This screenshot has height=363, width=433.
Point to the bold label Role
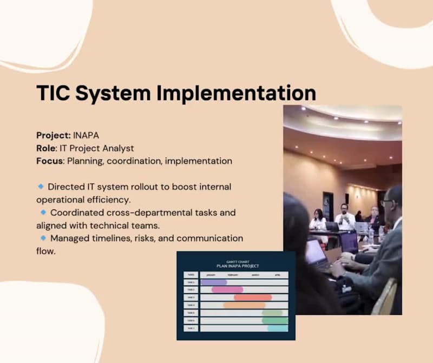click(x=47, y=148)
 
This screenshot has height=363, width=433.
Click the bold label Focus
click(x=50, y=161)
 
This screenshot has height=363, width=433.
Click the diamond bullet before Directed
click(x=41, y=186)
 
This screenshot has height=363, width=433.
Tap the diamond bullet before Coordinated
click(x=43, y=212)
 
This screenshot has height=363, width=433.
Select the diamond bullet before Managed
click(x=43, y=237)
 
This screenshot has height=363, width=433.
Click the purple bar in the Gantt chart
click(x=214, y=282)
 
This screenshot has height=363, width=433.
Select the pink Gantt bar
click(x=227, y=289)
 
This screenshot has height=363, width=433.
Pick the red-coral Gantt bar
click(x=253, y=297)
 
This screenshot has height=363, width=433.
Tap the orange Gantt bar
click(x=244, y=305)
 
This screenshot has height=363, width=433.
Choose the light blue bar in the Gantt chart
click(x=278, y=328)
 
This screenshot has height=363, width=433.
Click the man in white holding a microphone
click(x=345, y=216)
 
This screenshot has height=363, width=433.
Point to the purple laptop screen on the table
click(x=349, y=242)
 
